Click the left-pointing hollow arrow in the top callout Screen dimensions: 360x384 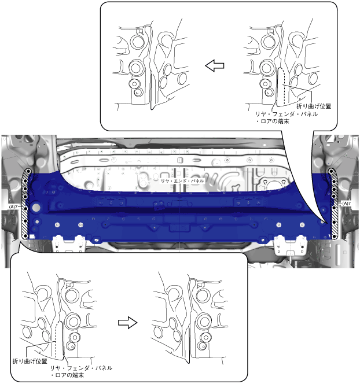click(214, 65)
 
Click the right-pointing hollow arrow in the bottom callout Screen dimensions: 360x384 click(128, 322)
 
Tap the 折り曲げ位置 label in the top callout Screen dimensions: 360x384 click(314, 106)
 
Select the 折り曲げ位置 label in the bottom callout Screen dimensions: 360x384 click(30, 361)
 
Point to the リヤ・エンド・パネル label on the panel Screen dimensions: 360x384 click(182, 181)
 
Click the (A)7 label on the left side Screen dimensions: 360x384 click(13, 206)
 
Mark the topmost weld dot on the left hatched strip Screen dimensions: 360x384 click(28, 171)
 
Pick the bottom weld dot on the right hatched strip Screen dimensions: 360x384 click(334, 237)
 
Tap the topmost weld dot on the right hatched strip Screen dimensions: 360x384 click(332, 171)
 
